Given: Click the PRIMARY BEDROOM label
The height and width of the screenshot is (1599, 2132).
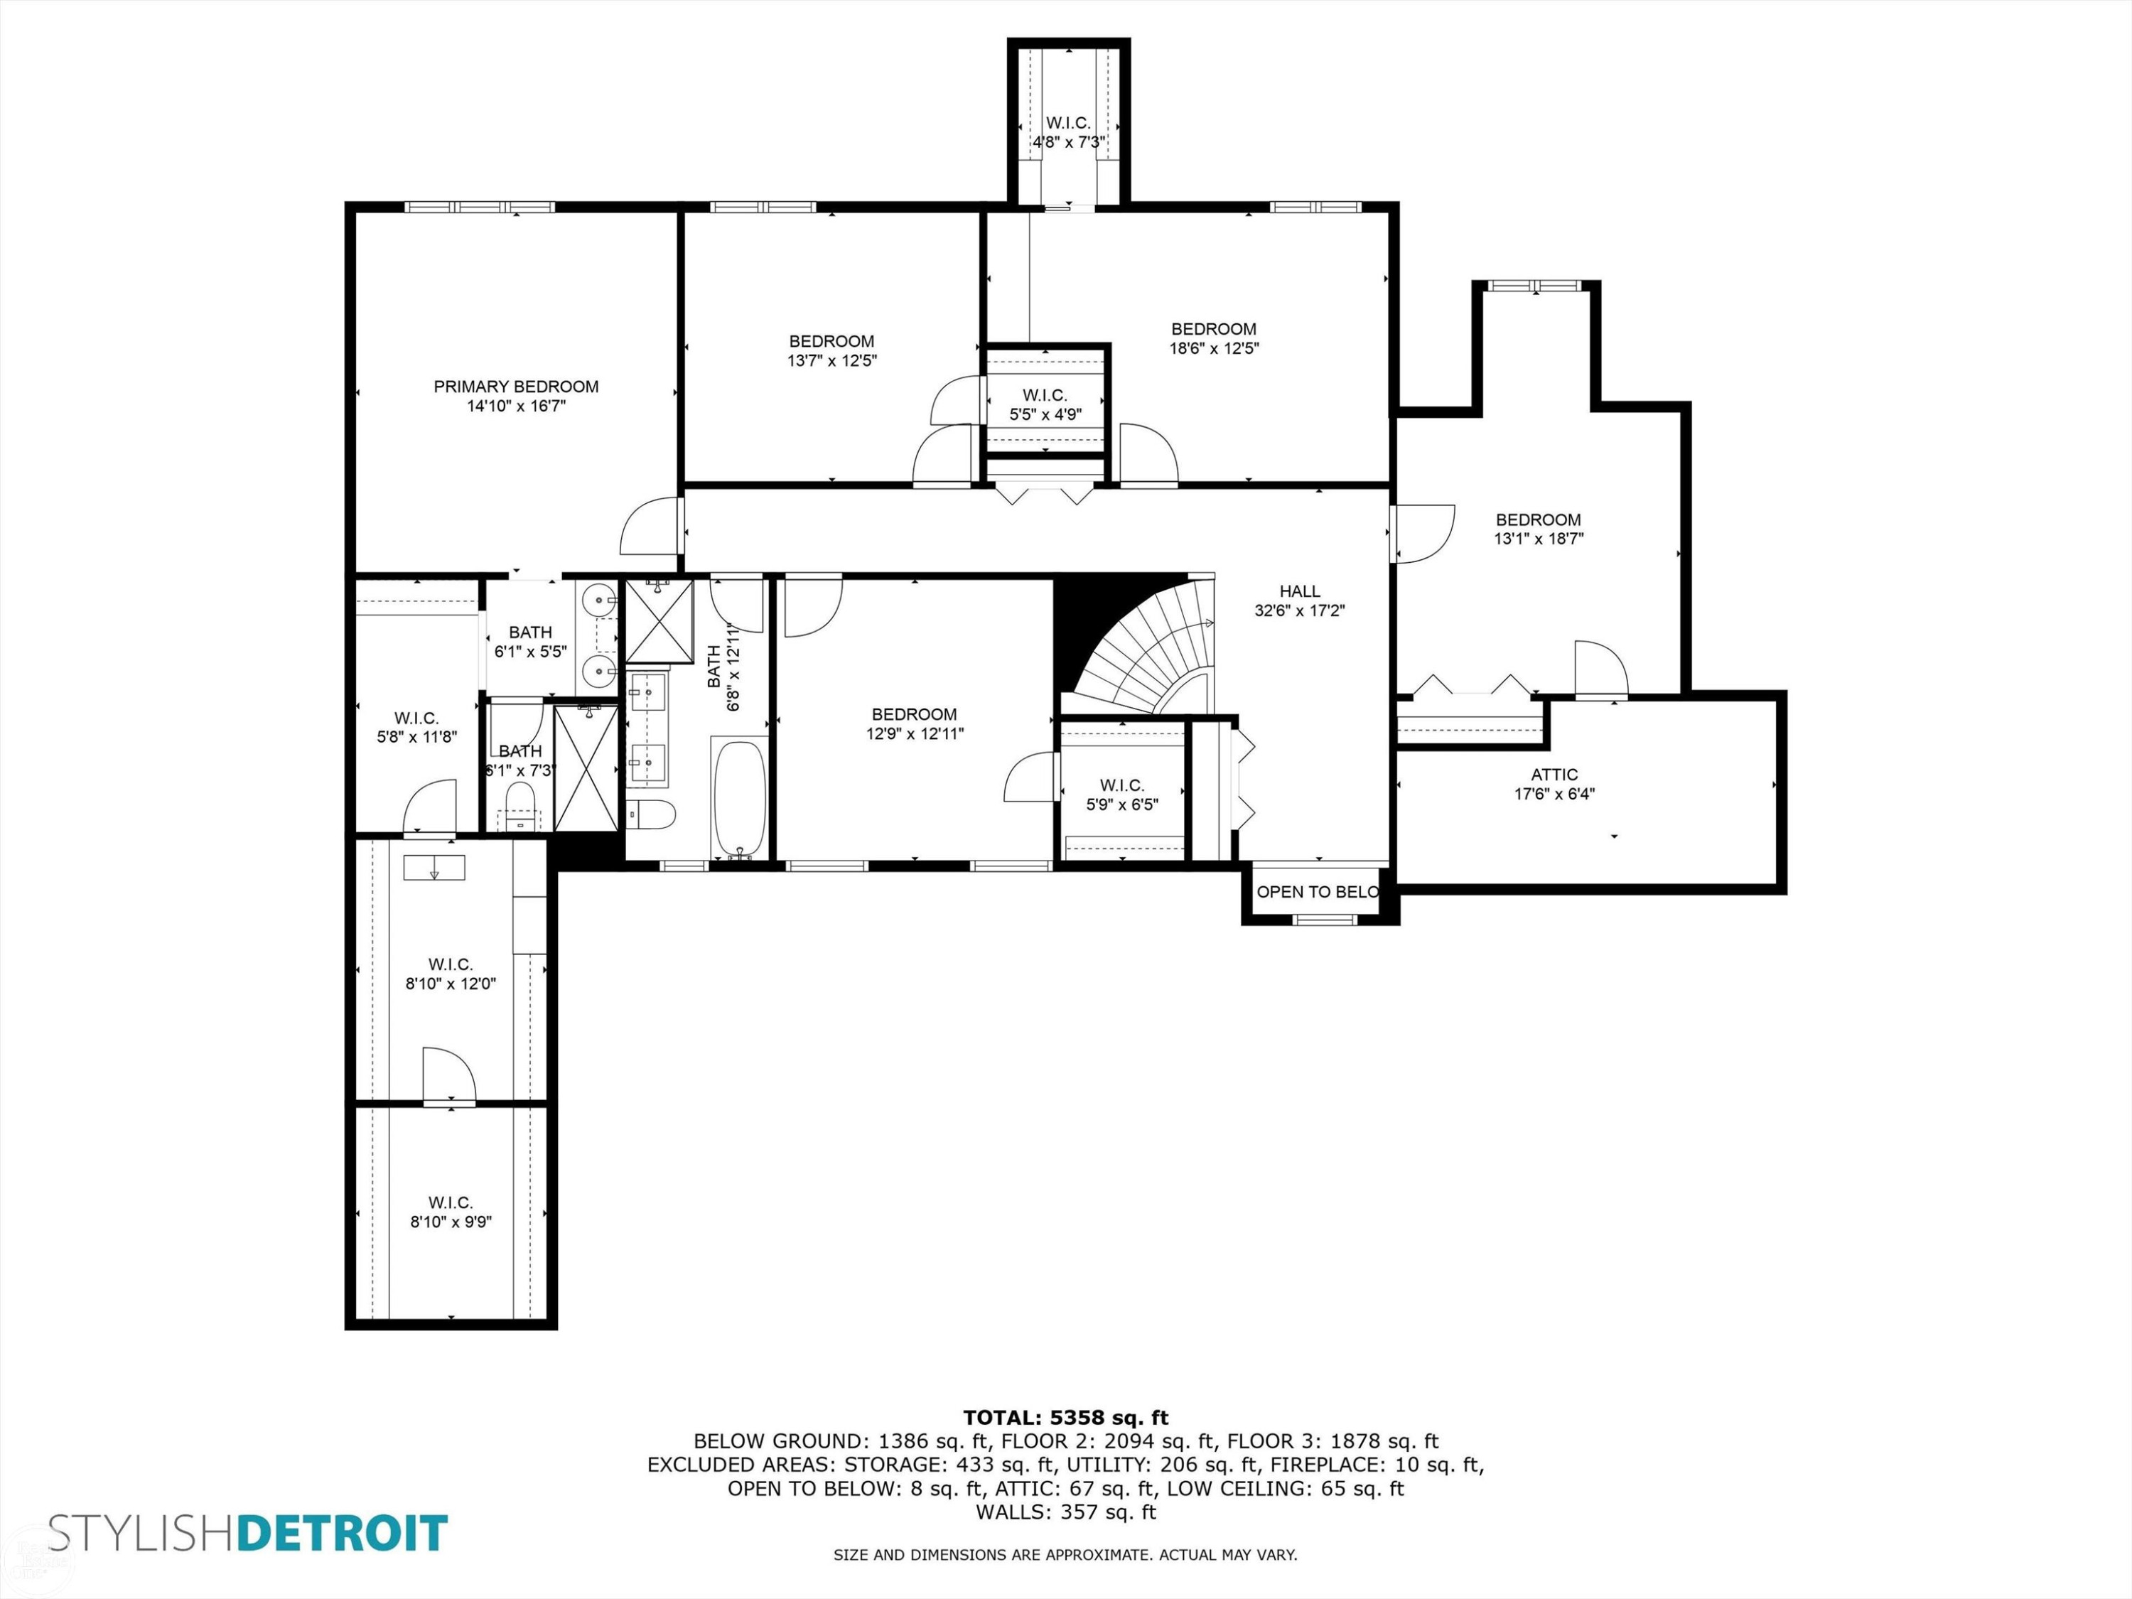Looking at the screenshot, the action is (x=516, y=387).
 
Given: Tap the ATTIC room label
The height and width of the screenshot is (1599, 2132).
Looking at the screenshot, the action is (x=1555, y=774).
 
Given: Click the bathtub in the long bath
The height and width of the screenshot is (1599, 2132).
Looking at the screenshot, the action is (x=739, y=797).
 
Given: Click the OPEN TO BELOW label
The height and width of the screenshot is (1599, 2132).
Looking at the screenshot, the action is (x=1318, y=892).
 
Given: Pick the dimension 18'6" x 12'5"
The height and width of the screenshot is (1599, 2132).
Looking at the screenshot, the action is (x=1215, y=348).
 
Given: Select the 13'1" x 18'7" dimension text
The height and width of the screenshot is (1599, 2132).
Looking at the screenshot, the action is (x=1539, y=539).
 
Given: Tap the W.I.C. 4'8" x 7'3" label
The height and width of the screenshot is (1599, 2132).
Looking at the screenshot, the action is (x=1068, y=133).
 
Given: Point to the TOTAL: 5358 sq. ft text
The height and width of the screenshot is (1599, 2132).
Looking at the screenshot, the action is (x=1065, y=1417).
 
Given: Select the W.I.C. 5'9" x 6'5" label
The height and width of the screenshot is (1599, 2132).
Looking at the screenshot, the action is (x=1122, y=795).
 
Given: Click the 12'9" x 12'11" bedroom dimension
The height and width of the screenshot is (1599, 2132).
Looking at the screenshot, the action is (x=915, y=733).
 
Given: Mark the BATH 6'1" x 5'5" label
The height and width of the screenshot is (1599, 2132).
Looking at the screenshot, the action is (x=530, y=641).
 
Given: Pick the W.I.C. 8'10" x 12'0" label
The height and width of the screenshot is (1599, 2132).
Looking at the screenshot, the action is (x=450, y=974).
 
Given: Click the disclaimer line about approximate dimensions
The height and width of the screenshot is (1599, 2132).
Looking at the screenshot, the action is (x=1065, y=1554).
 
